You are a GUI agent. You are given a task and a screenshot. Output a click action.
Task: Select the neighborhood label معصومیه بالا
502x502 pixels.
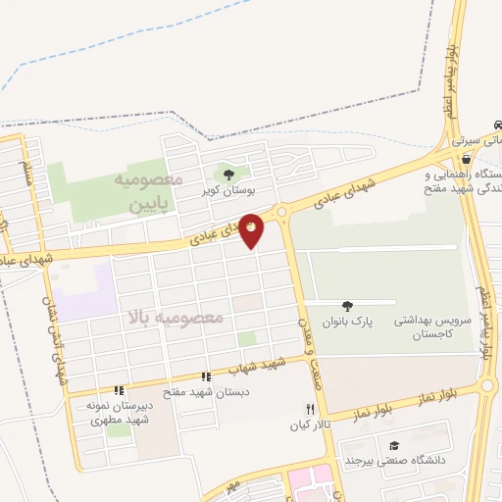pyautogui.click(x=176, y=318)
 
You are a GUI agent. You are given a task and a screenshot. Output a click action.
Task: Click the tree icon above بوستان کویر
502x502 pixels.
pyautogui.click(x=228, y=175)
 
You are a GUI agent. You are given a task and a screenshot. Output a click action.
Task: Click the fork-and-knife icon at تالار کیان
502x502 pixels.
pyautogui.click(x=310, y=409)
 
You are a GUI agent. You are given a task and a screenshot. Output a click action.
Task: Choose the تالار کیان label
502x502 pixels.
pyautogui.click(x=306, y=426)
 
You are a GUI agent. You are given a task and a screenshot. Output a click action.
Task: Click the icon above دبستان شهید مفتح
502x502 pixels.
pyautogui.click(x=206, y=376)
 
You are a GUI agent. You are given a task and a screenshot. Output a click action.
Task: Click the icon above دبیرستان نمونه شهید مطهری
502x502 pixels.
pyautogui.click(x=119, y=390)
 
